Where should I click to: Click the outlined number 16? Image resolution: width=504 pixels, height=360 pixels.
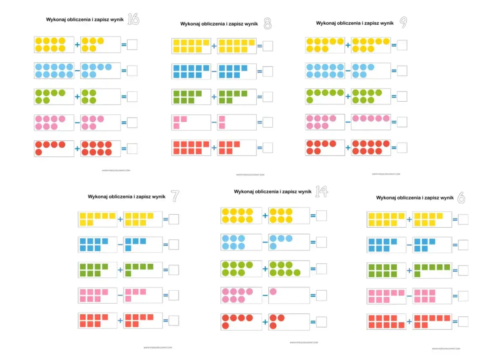[133, 20]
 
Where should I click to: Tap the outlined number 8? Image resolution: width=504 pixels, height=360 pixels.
[268, 24]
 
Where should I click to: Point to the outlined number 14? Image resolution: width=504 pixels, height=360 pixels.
[321, 192]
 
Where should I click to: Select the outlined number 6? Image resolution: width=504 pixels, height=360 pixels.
[461, 198]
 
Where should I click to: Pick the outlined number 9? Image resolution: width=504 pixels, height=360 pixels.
[403, 23]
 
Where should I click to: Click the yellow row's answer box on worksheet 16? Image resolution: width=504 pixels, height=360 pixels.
[132, 45]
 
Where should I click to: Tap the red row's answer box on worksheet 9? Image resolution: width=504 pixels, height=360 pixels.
[402, 148]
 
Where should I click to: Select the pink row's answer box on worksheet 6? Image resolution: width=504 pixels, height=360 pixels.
[463, 296]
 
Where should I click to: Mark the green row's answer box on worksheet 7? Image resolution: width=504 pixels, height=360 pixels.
[173, 270]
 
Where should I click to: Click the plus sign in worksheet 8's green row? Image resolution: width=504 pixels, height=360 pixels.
[214, 97]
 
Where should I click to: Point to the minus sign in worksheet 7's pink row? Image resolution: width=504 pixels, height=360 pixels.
[120, 296]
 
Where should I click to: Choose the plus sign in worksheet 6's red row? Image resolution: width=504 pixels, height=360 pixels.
[409, 322]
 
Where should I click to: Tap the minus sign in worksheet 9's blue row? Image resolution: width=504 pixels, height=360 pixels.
[348, 71]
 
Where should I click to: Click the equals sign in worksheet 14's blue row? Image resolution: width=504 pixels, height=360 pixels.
[313, 242]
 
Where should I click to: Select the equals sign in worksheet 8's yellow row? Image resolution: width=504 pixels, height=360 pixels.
[260, 46]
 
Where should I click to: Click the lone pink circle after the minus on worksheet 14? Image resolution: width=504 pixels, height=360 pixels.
[273, 291]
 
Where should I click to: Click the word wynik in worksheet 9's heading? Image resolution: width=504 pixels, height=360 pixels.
[386, 23]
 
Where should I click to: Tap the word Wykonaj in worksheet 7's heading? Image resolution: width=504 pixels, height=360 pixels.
[97, 197]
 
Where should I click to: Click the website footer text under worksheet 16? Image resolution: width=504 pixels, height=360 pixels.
[116, 171]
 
